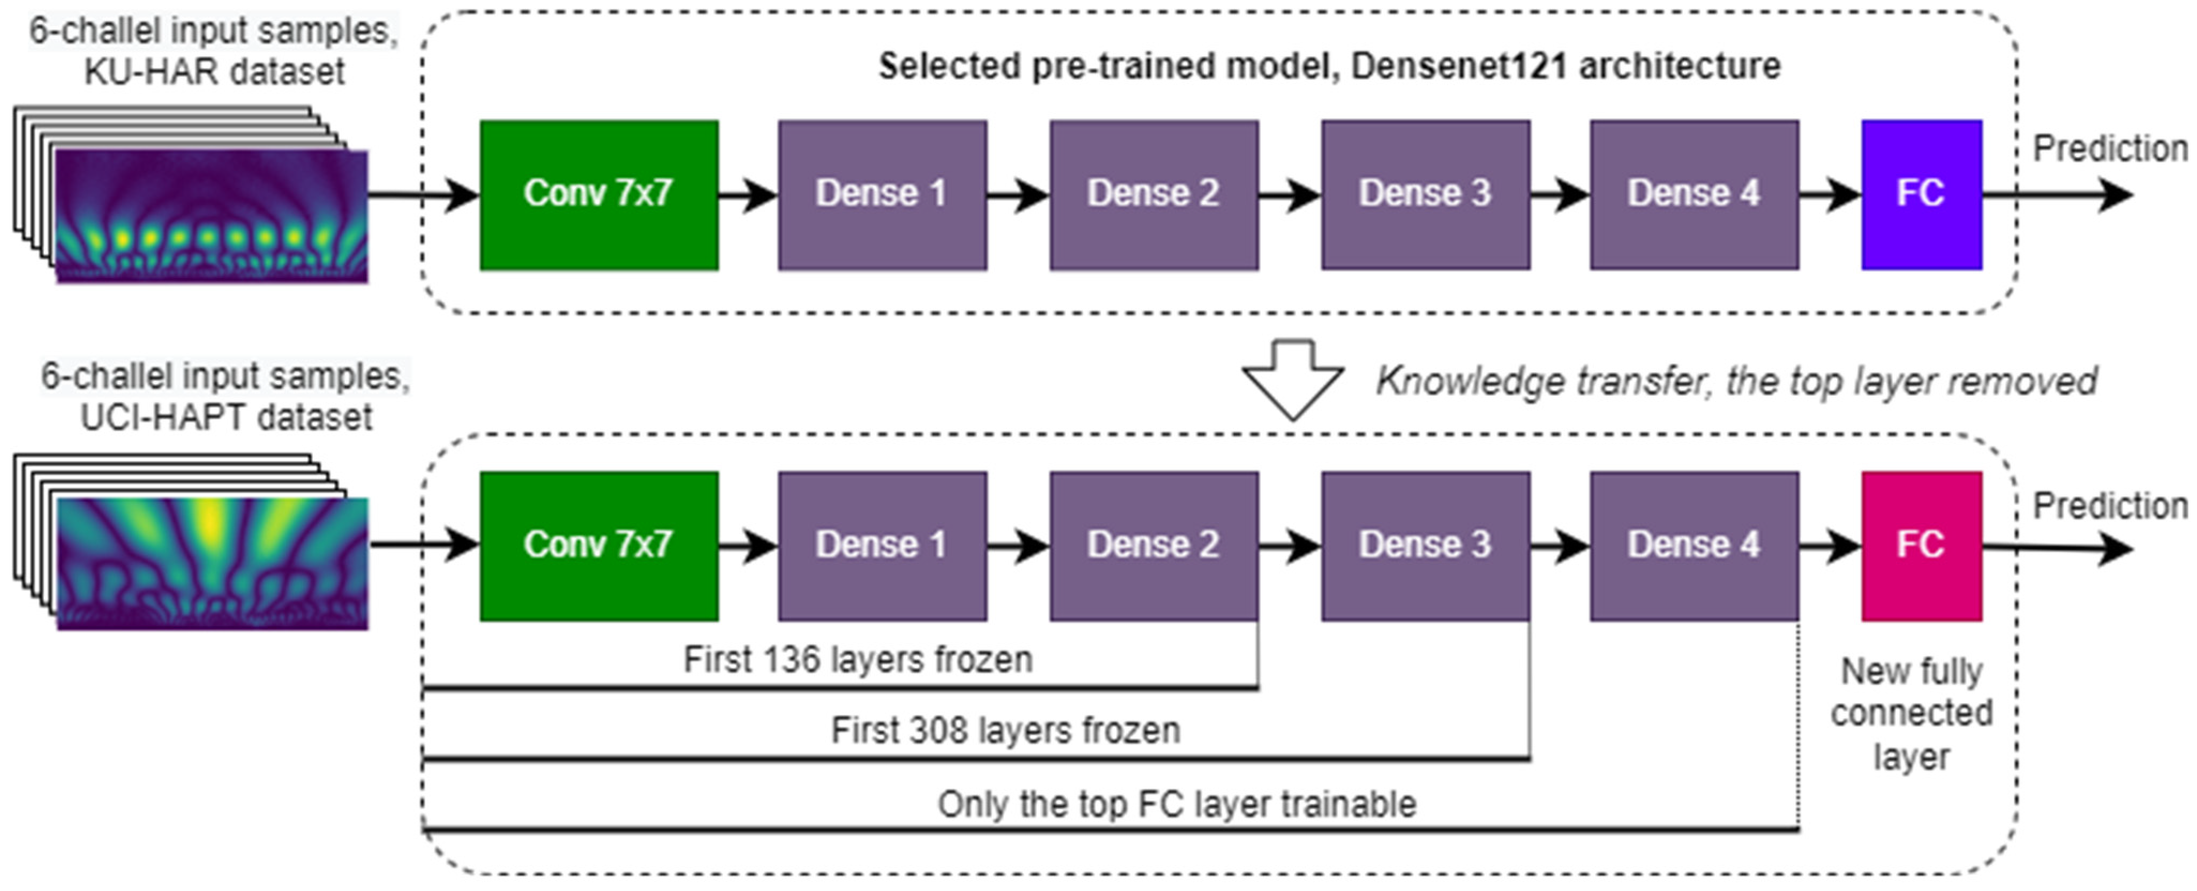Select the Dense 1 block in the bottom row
point(882,546)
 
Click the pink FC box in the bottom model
point(1921,546)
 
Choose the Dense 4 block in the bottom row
point(1694,546)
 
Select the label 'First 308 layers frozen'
point(1005,731)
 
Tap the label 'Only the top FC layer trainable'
point(1177,804)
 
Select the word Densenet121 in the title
point(1458,66)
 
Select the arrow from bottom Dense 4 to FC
point(1830,546)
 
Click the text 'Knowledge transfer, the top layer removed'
point(1736,381)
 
